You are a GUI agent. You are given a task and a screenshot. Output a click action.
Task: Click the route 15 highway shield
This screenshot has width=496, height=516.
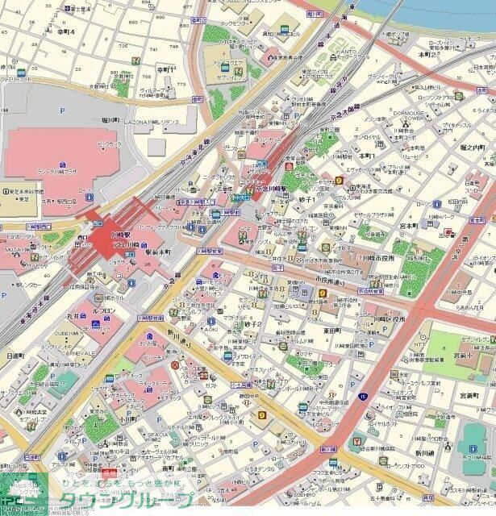click(364, 396)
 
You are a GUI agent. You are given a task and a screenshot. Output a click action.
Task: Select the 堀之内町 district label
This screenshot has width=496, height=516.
click(472, 148)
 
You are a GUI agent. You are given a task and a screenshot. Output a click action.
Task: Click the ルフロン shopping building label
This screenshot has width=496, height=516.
click(103, 310)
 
